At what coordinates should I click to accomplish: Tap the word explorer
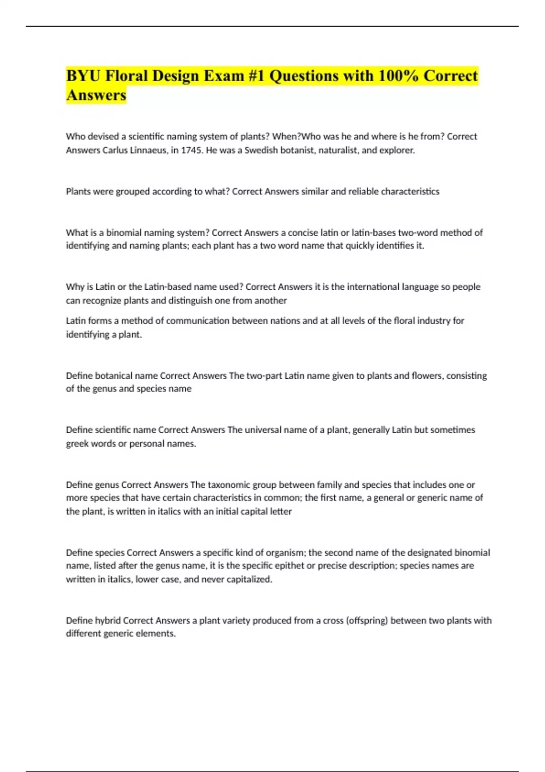(396, 150)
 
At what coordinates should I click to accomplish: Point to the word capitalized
(248, 579)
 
